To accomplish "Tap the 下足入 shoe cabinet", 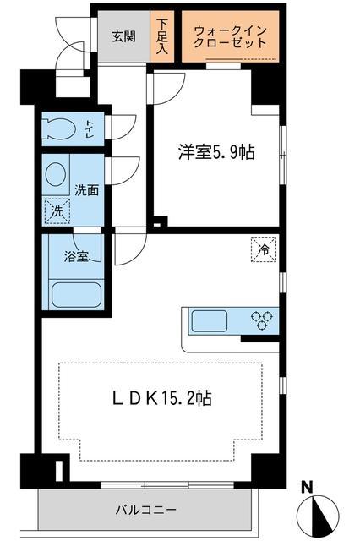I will [162, 36].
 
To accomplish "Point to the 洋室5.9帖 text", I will [216, 153].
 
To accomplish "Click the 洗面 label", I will [86, 191].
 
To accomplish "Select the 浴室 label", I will [76, 256].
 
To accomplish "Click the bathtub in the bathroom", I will [75, 295].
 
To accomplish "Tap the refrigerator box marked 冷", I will [263, 249].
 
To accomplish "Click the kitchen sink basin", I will [210, 321].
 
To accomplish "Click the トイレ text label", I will [89, 128].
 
